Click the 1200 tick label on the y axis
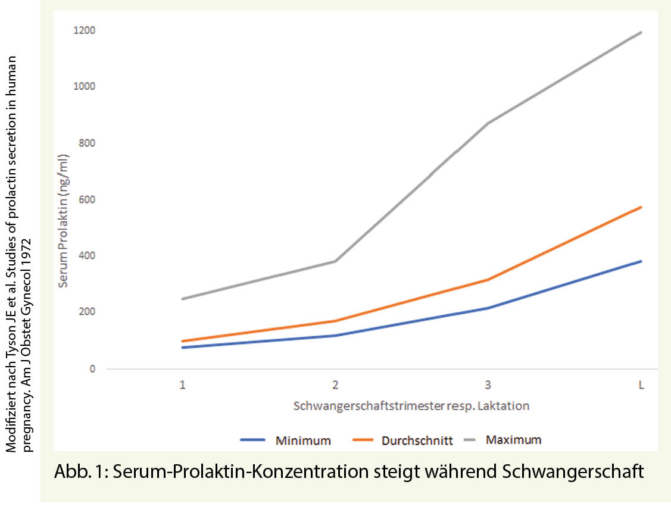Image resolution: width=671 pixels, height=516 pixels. (85, 30)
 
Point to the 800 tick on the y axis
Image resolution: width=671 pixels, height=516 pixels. (87, 143)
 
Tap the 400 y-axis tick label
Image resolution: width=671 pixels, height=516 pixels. (87, 256)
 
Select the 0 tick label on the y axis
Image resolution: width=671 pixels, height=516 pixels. (92, 369)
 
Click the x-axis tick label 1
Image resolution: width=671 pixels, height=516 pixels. (182, 385)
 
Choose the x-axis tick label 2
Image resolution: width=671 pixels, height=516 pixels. (335, 385)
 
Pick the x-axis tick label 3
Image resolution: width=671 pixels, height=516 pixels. (488, 385)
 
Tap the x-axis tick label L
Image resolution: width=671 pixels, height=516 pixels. (641, 385)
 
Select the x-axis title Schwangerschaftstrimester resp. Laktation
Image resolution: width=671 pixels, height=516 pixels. (411, 406)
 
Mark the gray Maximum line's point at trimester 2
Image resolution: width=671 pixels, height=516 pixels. (335, 261)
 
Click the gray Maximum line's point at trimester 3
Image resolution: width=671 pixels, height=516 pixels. (488, 123)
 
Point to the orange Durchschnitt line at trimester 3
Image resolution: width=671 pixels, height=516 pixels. (488, 280)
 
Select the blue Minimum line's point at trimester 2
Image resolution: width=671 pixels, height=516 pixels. (335, 336)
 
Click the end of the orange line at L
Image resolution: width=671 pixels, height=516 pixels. (641, 207)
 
